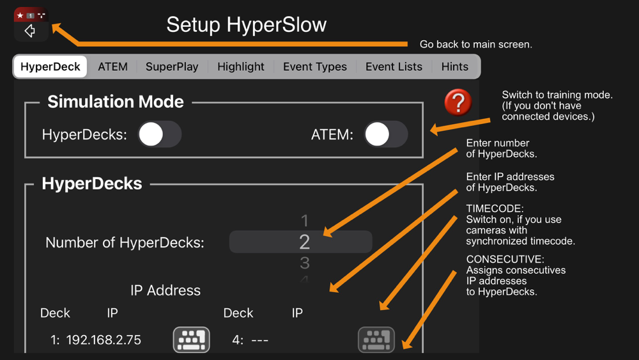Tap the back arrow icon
pos(30,31)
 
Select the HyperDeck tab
pos(50,67)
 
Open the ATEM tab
pos(112,67)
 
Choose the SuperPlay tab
pos(172,67)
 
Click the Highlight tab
pos(241,67)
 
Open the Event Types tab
pos(315,67)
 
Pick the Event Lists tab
pos(394,67)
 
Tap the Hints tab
pos(455,67)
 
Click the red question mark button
pos(458,102)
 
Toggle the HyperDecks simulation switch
pos(160,134)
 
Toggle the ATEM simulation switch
pos(386,134)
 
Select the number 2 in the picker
pos(304,242)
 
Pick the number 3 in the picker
pos(304,263)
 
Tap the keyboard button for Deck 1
pos(192,340)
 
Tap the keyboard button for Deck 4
pos(376,340)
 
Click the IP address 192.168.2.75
pos(104,340)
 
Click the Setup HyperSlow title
pos(247,24)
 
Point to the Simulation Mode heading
pos(115,102)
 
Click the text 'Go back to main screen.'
pos(476,44)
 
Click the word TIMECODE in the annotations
pos(495,208)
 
